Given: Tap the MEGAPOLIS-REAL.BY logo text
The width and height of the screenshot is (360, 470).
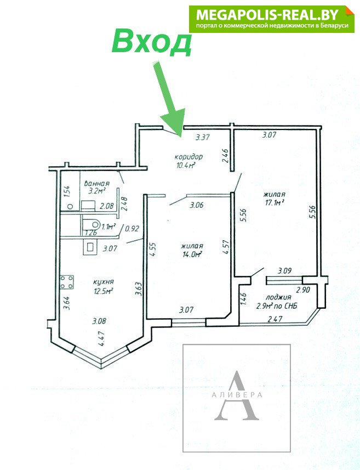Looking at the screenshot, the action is click(267, 14).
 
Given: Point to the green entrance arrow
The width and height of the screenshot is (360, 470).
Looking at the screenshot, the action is click(169, 99).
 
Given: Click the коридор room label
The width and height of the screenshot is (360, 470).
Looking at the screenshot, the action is click(188, 156).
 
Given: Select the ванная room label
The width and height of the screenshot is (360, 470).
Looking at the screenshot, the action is click(96, 183).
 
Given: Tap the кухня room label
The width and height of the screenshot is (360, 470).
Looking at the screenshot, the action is click(104, 282).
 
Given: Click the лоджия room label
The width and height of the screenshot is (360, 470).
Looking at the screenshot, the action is click(278, 297).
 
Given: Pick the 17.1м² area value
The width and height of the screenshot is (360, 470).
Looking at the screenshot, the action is click(274, 203).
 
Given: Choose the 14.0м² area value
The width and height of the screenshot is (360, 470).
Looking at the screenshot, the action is click(191, 254).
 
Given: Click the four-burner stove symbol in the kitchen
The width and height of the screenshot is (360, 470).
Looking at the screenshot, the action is click(67, 282).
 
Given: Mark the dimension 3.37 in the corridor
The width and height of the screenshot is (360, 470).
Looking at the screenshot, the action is click(202, 138).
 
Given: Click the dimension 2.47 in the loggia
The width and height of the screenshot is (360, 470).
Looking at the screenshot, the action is click(275, 319).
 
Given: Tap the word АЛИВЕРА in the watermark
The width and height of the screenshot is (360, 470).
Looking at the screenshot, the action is click(237, 395).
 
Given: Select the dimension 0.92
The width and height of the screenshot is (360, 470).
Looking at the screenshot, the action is click(132, 229).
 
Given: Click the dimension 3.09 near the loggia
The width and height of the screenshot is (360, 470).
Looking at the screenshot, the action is click(284, 271).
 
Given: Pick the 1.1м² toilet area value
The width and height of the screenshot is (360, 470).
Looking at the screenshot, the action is click(108, 227).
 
